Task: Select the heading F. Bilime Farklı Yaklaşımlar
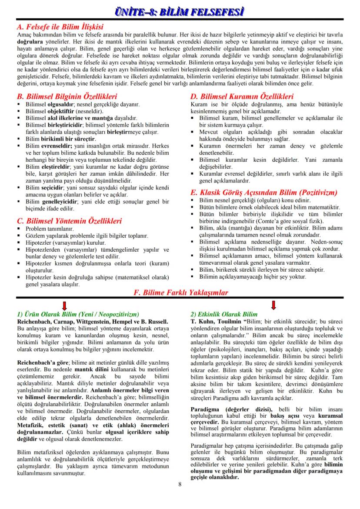tap(180, 293)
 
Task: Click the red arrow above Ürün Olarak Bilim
tap(64, 305)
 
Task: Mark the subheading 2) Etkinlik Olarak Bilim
tap(224, 314)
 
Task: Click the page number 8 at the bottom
tap(180, 484)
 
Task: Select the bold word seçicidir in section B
tap(53, 187)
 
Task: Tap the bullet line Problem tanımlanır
tap(50, 229)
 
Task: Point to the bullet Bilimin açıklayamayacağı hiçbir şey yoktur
tap(253, 276)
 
